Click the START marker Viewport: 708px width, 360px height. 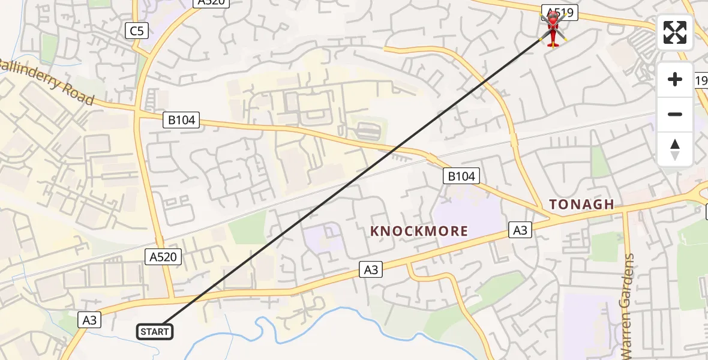pyautogui.click(x=155, y=331)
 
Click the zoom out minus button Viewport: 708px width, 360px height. pyautogui.click(x=675, y=114)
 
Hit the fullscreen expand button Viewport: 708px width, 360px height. pyautogui.click(x=675, y=32)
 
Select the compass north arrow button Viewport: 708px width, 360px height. pyautogui.click(x=675, y=149)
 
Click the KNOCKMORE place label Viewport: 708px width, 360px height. pyautogui.click(x=419, y=231)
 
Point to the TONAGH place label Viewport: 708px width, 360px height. pyautogui.click(x=582, y=205)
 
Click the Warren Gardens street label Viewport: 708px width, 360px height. pyautogui.click(x=629, y=306)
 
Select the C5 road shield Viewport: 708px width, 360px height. pyautogui.click(x=137, y=31)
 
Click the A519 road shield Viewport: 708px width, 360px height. pyautogui.click(x=559, y=11)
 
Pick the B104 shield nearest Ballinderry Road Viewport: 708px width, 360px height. pyautogui.click(x=181, y=120)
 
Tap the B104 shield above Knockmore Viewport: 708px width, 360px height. pyautogui.click(x=461, y=176)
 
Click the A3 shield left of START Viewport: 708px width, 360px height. pyautogui.click(x=89, y=320)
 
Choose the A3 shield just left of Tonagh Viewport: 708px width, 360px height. pyautogui.click(x=521, y=229)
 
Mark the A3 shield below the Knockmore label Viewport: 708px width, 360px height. pyautogui.click(x=371, y=270)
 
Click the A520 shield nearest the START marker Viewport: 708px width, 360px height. pyautogui.click(x=163, y=257)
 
